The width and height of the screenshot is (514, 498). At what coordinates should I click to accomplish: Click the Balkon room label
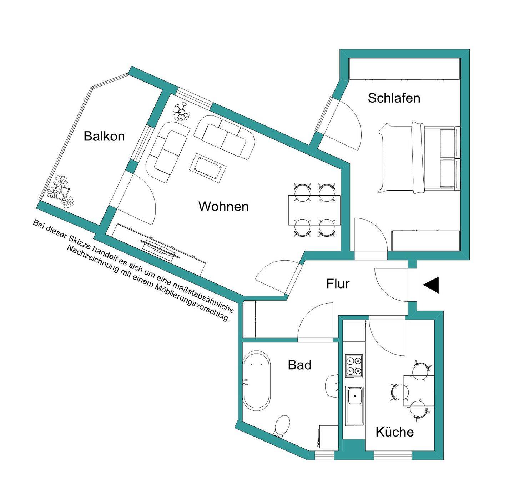tap(104, 136)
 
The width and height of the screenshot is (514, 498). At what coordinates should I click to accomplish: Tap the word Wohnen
tap(223, 206)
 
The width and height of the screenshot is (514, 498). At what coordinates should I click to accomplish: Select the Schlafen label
tap(394, 98)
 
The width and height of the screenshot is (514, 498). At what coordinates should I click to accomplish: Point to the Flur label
tap(338, 283)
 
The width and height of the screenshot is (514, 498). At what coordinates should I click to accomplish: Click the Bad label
tap(299, 365)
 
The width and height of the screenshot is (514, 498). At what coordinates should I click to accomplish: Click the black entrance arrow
tap(432, 285)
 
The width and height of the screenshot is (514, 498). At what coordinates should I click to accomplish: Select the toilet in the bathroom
tap(282, 426)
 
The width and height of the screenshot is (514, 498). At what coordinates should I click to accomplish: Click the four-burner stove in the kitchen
tap(354, 366)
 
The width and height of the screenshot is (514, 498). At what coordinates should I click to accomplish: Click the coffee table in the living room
tap(208, 168)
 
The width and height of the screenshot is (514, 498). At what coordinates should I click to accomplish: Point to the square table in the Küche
tap(419, 391)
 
